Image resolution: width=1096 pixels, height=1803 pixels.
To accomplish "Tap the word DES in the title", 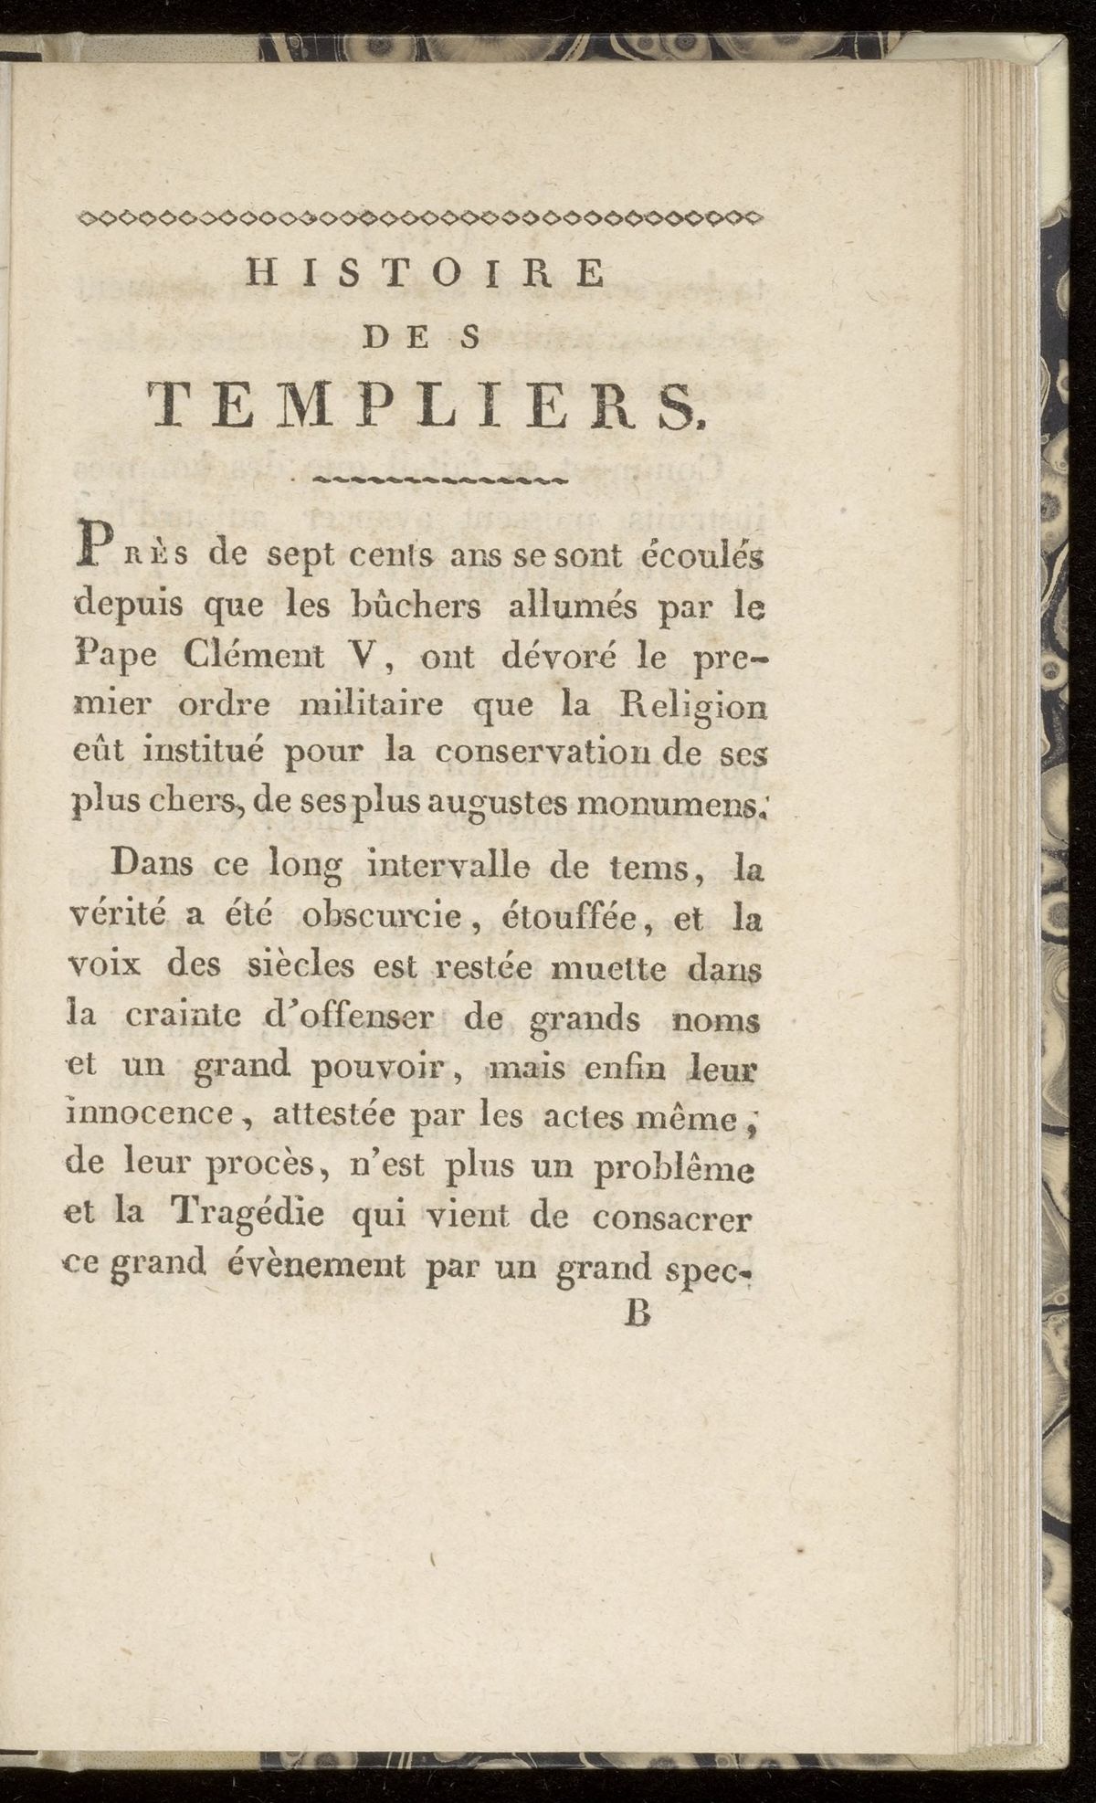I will coord(422,338).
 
